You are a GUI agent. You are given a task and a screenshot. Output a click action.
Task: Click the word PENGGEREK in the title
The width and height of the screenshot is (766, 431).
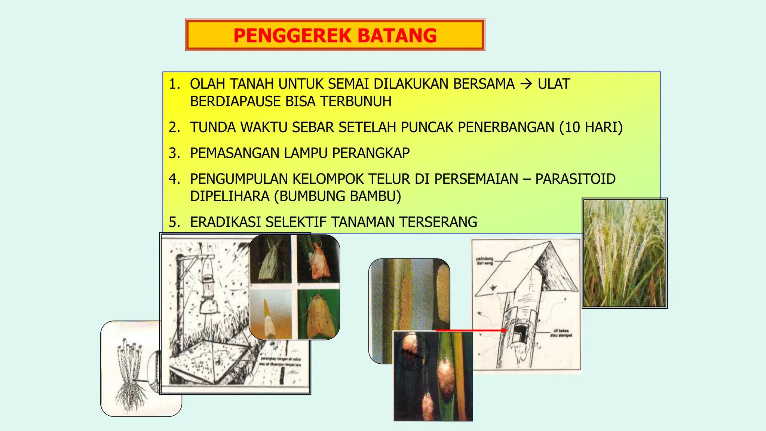[292, 36]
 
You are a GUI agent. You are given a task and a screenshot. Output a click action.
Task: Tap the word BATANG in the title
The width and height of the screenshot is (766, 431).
[397, 36]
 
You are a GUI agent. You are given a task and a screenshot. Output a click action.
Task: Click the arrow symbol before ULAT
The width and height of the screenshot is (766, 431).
[526, 84]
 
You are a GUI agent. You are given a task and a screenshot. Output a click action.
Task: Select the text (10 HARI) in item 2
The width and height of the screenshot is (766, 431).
[591, 128]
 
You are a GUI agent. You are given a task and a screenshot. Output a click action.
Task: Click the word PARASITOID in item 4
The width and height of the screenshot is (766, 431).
[575, 179]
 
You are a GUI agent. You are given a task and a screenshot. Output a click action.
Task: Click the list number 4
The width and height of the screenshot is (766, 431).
[174, 179]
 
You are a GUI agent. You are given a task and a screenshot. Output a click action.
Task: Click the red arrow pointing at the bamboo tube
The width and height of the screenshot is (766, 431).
[471, 330]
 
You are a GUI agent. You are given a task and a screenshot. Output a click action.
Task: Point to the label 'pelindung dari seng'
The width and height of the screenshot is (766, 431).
[484, 261]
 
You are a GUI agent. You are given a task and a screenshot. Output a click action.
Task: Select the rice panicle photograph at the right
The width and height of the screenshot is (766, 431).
[625, 253]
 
